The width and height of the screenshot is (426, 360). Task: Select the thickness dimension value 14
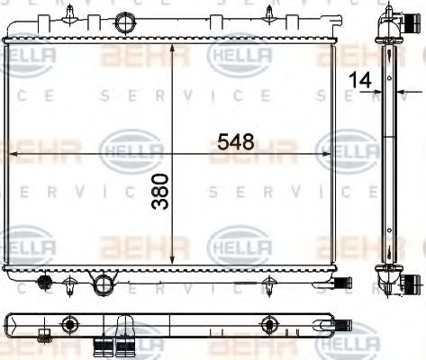[x=361, y=80]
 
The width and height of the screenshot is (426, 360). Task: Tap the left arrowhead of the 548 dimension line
[x=13, y=155]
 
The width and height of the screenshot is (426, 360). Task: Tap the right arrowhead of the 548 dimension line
[x=331, y=155]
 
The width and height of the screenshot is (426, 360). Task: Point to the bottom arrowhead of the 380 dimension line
[x=172, y=261]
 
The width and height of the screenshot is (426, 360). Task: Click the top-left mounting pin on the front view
[x=70, y=13]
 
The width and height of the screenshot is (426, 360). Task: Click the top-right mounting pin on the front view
[x=268, y=13]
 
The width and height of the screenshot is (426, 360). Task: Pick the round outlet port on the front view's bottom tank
[x=104, y=285]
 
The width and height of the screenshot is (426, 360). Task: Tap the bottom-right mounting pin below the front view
[x=268, y=287]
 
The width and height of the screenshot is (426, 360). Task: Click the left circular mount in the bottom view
[x=68, y=326]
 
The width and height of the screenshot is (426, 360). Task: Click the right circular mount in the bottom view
[x=267, y=326]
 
